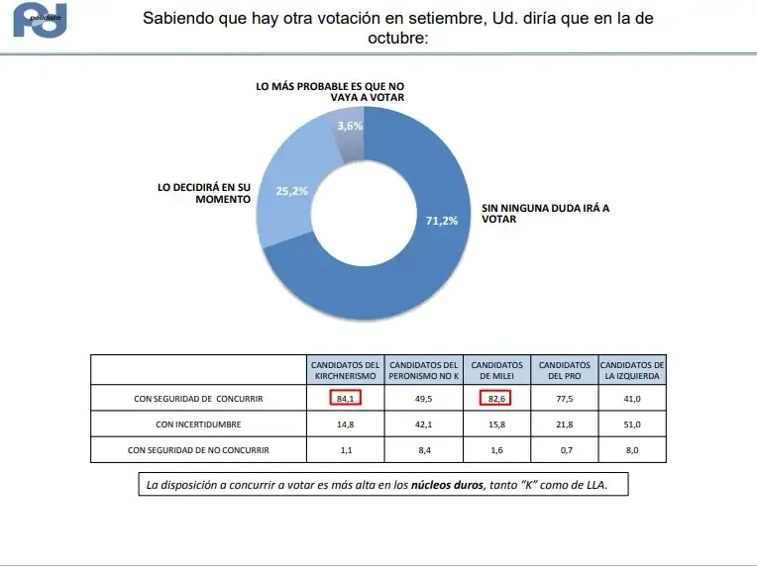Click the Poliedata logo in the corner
40,21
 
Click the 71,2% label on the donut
442,221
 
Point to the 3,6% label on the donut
350,126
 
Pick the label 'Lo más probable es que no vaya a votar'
330,92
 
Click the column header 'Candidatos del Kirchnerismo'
345,370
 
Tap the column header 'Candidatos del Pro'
564,370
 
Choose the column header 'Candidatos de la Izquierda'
632,370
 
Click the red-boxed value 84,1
345,399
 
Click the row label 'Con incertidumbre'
200,424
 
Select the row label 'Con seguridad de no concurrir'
200,450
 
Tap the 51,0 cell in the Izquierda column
632,424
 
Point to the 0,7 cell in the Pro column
564,450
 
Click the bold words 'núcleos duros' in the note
447,486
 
